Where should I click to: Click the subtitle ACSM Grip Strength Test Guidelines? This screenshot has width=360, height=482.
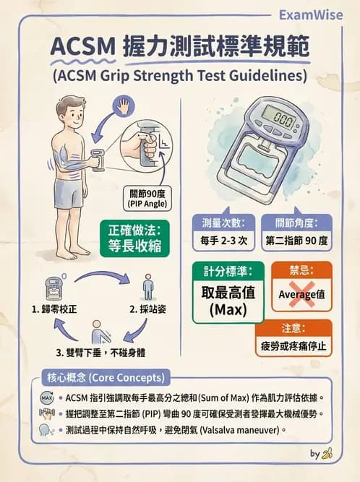[x=179, y=75]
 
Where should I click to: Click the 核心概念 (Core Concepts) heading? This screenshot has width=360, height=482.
[x=106, y=378]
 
